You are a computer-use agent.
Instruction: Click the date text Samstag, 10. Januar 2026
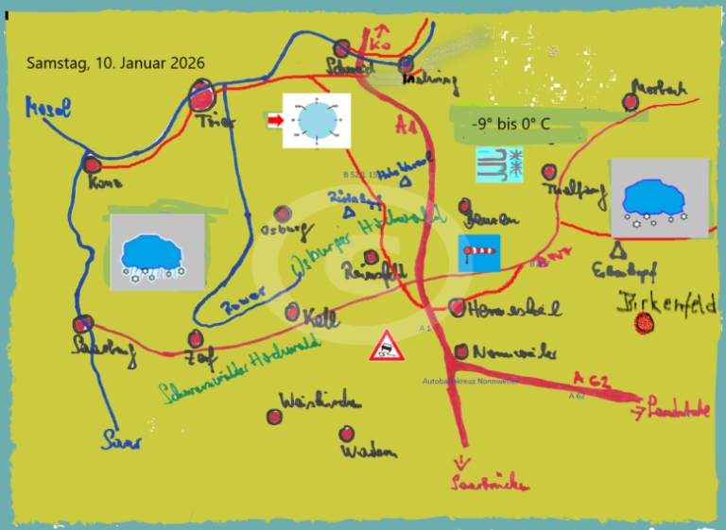point(115,63)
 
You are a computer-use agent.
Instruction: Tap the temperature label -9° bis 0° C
point(510,124)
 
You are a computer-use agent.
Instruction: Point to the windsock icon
point(479,251)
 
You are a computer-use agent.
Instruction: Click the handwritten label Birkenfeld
point(666,304)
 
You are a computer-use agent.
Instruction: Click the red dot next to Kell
point(294,312)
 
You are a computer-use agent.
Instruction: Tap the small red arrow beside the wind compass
point(275,120)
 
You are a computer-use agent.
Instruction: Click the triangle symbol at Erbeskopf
point(618,250)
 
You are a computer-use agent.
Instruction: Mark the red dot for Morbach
point(631,102)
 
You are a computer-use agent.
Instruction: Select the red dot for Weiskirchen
point(276,416)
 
